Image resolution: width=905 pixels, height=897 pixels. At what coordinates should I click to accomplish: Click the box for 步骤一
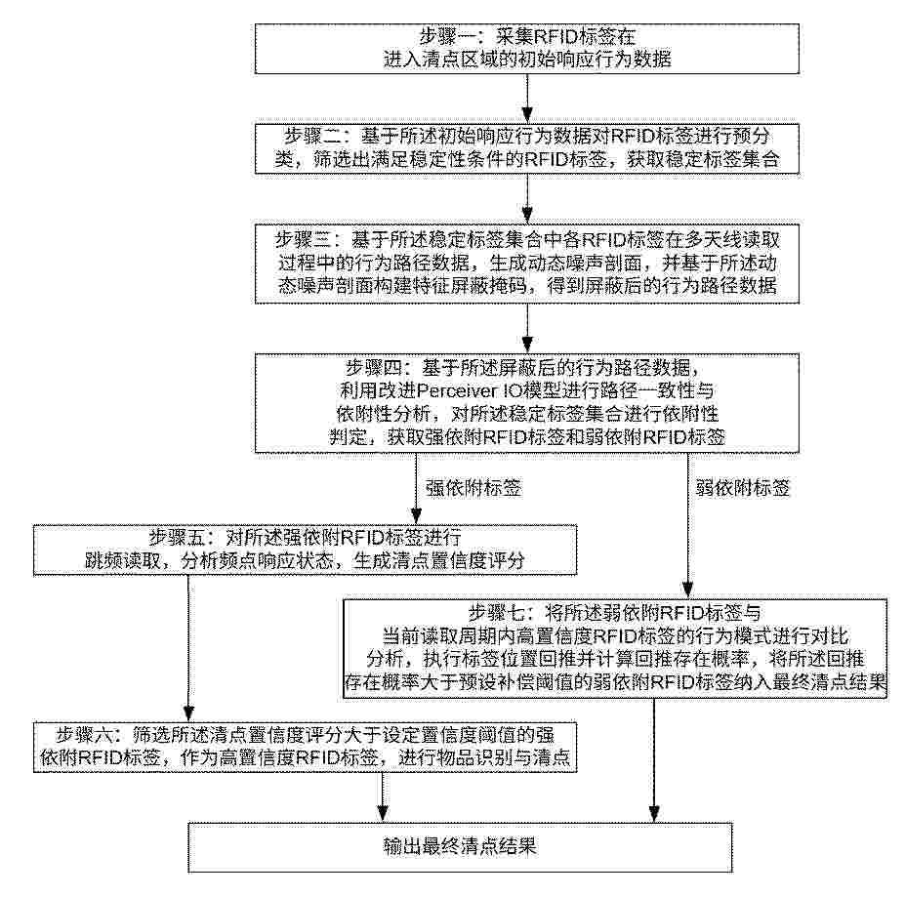coord(526,47)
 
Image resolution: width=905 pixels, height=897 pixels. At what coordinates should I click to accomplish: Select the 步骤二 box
coord(526,146)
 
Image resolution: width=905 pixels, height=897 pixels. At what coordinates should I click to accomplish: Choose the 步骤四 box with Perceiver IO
coord(526,403)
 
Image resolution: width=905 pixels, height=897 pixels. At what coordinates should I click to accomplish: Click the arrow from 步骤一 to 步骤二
coord(526,97)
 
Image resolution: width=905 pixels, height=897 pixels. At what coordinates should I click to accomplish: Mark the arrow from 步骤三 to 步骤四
coord(526,328)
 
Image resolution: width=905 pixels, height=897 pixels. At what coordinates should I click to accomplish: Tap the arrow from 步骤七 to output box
coord(651,761)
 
